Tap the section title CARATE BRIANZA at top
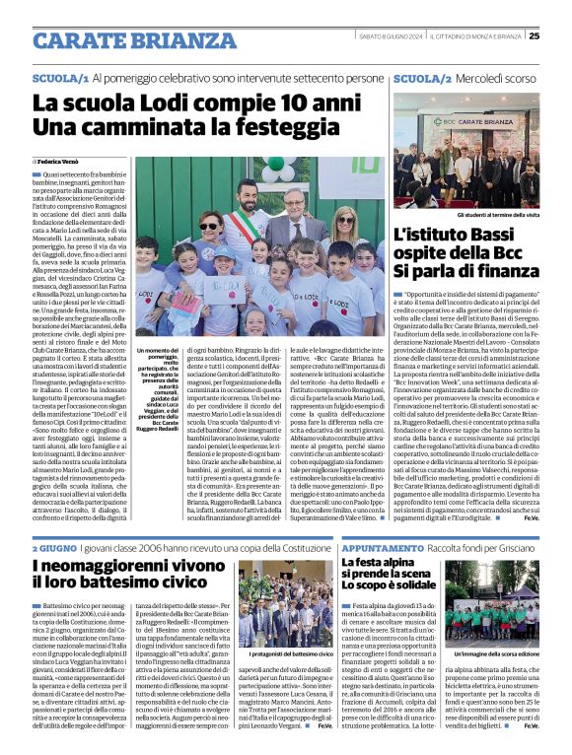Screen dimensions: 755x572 [121, 39]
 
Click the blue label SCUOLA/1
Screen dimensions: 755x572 [60, 77]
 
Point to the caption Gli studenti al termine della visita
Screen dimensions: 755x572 [482, 215]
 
